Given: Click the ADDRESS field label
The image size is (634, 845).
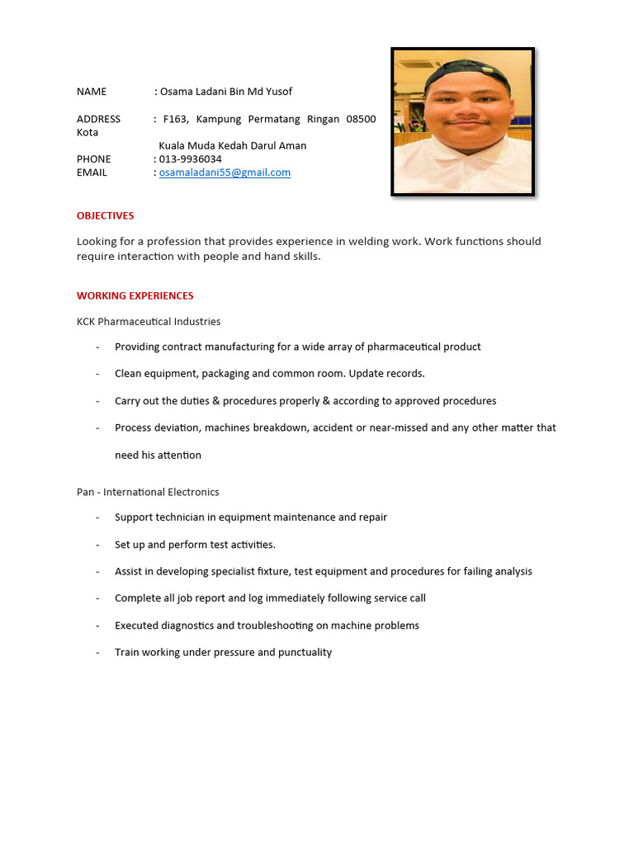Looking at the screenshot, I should tap(98, 119).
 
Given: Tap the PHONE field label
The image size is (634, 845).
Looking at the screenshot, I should tap(93, 158).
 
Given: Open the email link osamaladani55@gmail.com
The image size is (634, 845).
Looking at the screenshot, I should tap(225, 172).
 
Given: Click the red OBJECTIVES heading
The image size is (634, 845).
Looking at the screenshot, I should tap(105, 215).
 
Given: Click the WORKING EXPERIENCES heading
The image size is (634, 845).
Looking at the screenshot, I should tap(135, 295).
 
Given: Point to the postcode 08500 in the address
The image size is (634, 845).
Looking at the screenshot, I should tap(361, 119).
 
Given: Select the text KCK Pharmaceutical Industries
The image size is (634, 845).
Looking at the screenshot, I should tap(149, 321).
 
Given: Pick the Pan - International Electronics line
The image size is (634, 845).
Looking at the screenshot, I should tap(148, 492).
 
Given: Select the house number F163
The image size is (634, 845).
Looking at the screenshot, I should tap(175, 119).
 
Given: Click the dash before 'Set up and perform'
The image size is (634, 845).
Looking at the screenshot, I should tap(97, 545).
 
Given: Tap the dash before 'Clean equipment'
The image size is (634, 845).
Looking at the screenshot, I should tap(97, 374).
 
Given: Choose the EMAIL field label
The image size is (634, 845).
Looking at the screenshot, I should tap(92, 172).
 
